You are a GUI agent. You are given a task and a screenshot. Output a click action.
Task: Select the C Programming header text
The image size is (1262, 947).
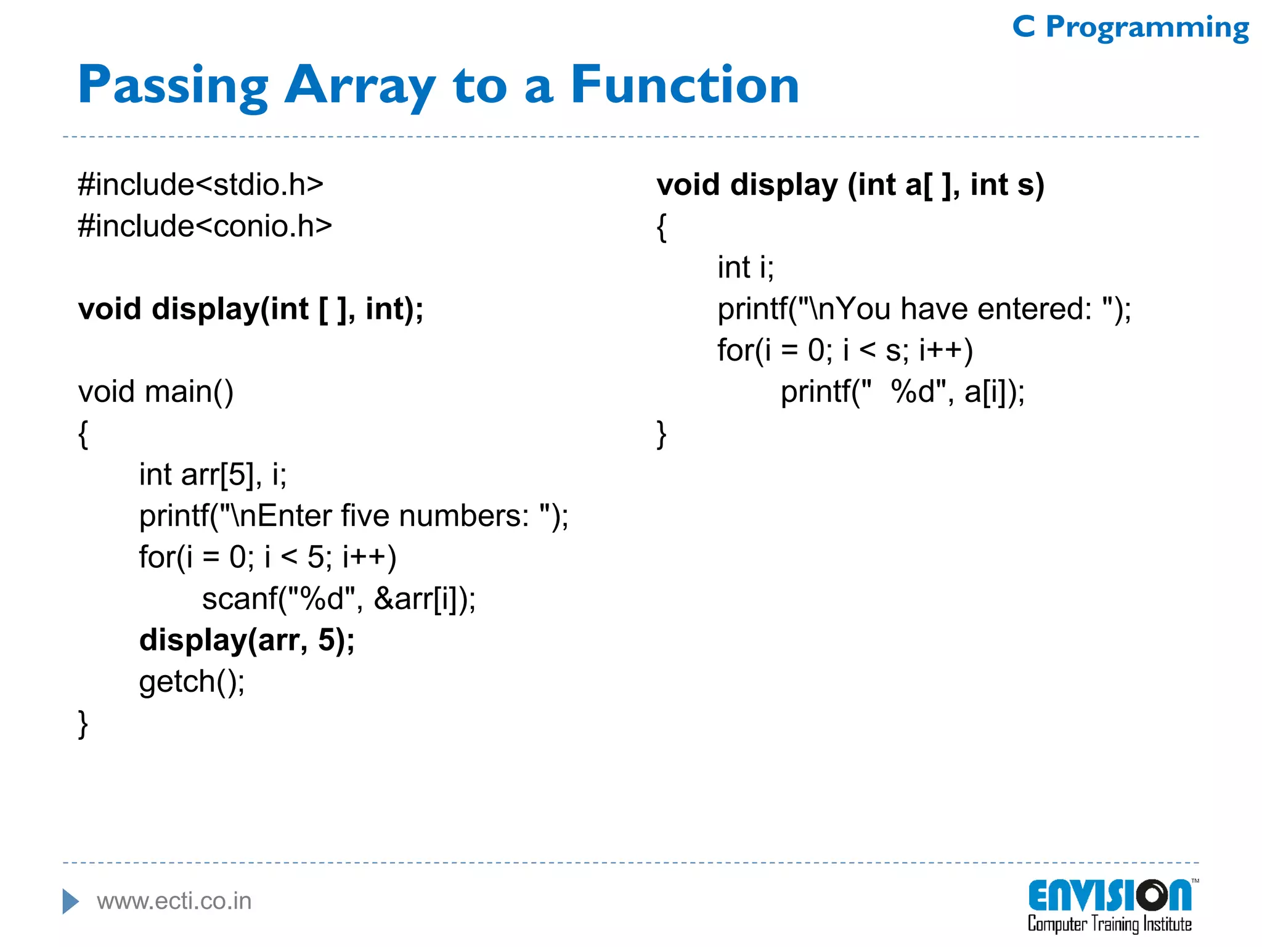tap(1130, 27)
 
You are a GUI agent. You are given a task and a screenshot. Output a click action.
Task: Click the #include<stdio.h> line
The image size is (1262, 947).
tap(201, 184)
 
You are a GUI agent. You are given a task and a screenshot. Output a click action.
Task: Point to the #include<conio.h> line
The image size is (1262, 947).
tap(205, 226)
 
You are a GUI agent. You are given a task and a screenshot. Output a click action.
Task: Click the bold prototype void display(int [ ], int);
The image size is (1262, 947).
tap(251, 308)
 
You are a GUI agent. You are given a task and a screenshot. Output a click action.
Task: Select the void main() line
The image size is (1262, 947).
tap(156, 392)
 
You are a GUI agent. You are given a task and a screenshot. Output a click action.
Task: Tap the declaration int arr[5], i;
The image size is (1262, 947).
tap(213, 474)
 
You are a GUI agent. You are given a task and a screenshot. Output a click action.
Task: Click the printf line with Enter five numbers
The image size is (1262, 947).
tap(354, 515)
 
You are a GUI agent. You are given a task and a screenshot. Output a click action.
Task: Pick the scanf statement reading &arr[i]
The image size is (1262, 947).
tap(339, 599)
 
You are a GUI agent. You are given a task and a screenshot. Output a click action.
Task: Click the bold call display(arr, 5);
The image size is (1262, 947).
tap(247, 640)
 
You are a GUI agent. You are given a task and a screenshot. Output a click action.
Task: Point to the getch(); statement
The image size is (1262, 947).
tap(192, 681)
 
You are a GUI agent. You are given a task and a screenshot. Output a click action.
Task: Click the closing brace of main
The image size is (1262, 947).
tap(83, 723)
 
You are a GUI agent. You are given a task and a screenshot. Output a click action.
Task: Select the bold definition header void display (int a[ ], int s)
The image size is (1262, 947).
tap(850, 184)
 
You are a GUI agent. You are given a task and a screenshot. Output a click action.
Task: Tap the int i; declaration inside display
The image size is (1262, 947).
tap(746, 267)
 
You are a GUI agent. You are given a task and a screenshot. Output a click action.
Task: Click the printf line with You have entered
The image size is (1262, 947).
tap(924, 308)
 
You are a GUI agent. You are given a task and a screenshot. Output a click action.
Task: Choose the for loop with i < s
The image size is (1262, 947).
tap(845, 350)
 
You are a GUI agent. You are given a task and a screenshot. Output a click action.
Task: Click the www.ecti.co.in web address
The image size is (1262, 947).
tap(174, 901)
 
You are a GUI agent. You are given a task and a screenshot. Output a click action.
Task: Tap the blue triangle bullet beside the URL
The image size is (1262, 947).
tap(70, 901)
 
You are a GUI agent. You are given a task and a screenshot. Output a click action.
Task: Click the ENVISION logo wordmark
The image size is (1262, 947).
tap(1109, 896)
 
